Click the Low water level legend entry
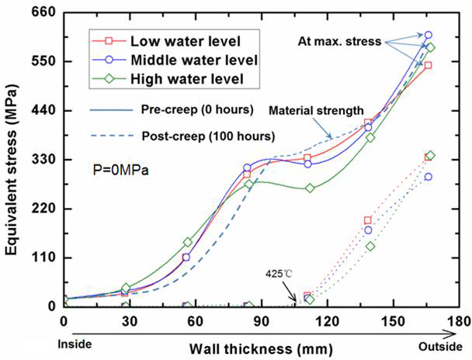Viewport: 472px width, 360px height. point(186,40)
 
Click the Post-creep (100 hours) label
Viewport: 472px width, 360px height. point(208,136)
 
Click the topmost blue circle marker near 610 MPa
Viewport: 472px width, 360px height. point(429,35)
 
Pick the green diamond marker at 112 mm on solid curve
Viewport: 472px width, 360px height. point(310,189)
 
